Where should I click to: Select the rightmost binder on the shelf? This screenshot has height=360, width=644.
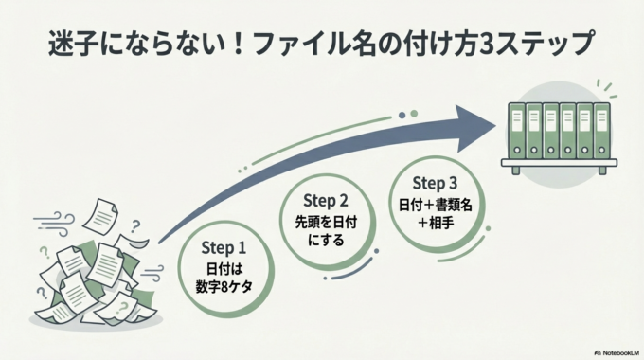click(599, 132)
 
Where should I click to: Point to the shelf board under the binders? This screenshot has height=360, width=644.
click(559, 169)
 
